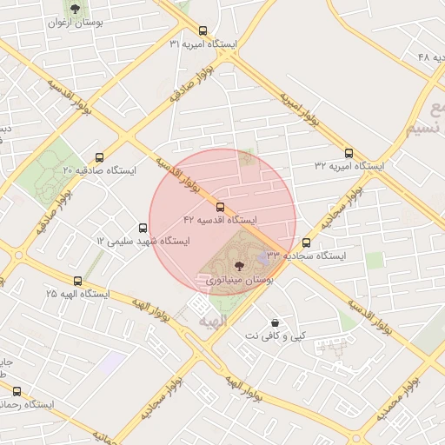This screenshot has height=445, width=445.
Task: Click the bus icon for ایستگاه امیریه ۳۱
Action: point(203,30)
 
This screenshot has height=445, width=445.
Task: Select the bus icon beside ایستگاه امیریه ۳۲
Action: point(349,153)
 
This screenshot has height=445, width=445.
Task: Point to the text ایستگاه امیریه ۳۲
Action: point(349,165)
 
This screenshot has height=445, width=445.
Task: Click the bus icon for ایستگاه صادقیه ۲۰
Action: point(99,158)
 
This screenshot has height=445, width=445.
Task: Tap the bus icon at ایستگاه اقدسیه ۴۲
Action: point(220,207)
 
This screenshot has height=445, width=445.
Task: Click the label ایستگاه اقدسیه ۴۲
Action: point(220,220)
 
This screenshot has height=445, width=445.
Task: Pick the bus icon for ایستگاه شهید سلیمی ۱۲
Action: point(143,228)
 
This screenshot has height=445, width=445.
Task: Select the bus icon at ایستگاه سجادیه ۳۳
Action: point(306,243)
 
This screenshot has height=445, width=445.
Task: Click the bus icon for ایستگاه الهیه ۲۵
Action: point(78,281)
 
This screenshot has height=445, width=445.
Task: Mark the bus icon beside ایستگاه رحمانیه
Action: point(17,391)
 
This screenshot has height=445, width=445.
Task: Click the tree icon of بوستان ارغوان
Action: point(75,10)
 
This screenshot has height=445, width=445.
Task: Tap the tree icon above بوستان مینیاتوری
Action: point(240,266)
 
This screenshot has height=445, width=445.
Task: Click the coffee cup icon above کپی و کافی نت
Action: point(275,322)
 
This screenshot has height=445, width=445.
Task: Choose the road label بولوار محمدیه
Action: point(400,395)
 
